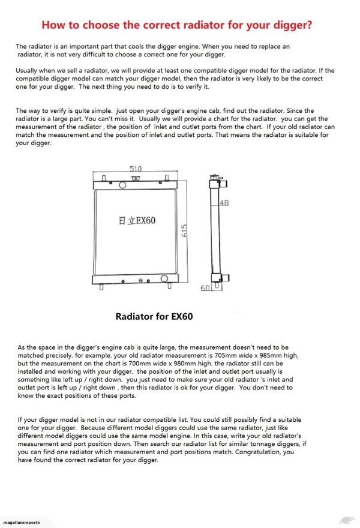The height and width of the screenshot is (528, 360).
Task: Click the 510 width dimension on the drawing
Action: (x=136, y=169)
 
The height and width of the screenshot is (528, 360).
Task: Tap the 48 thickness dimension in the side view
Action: (x=224, y=203)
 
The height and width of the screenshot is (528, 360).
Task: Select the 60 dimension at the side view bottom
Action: (x=205, y=289)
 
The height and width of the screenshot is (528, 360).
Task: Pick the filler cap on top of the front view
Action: (x=136, y=178)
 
